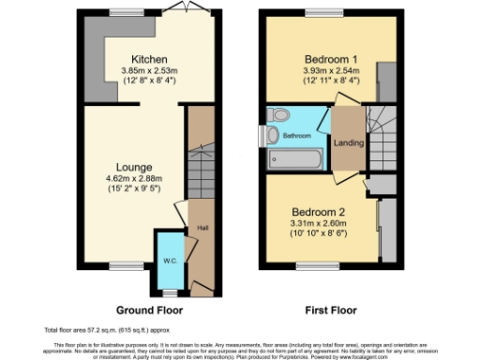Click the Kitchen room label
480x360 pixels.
149,57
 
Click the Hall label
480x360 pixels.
201,228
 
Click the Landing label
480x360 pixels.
348,143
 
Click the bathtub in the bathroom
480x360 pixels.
295,159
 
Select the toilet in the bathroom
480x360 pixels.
277,115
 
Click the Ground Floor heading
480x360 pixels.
149,309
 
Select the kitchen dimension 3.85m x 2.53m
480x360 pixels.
149,69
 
